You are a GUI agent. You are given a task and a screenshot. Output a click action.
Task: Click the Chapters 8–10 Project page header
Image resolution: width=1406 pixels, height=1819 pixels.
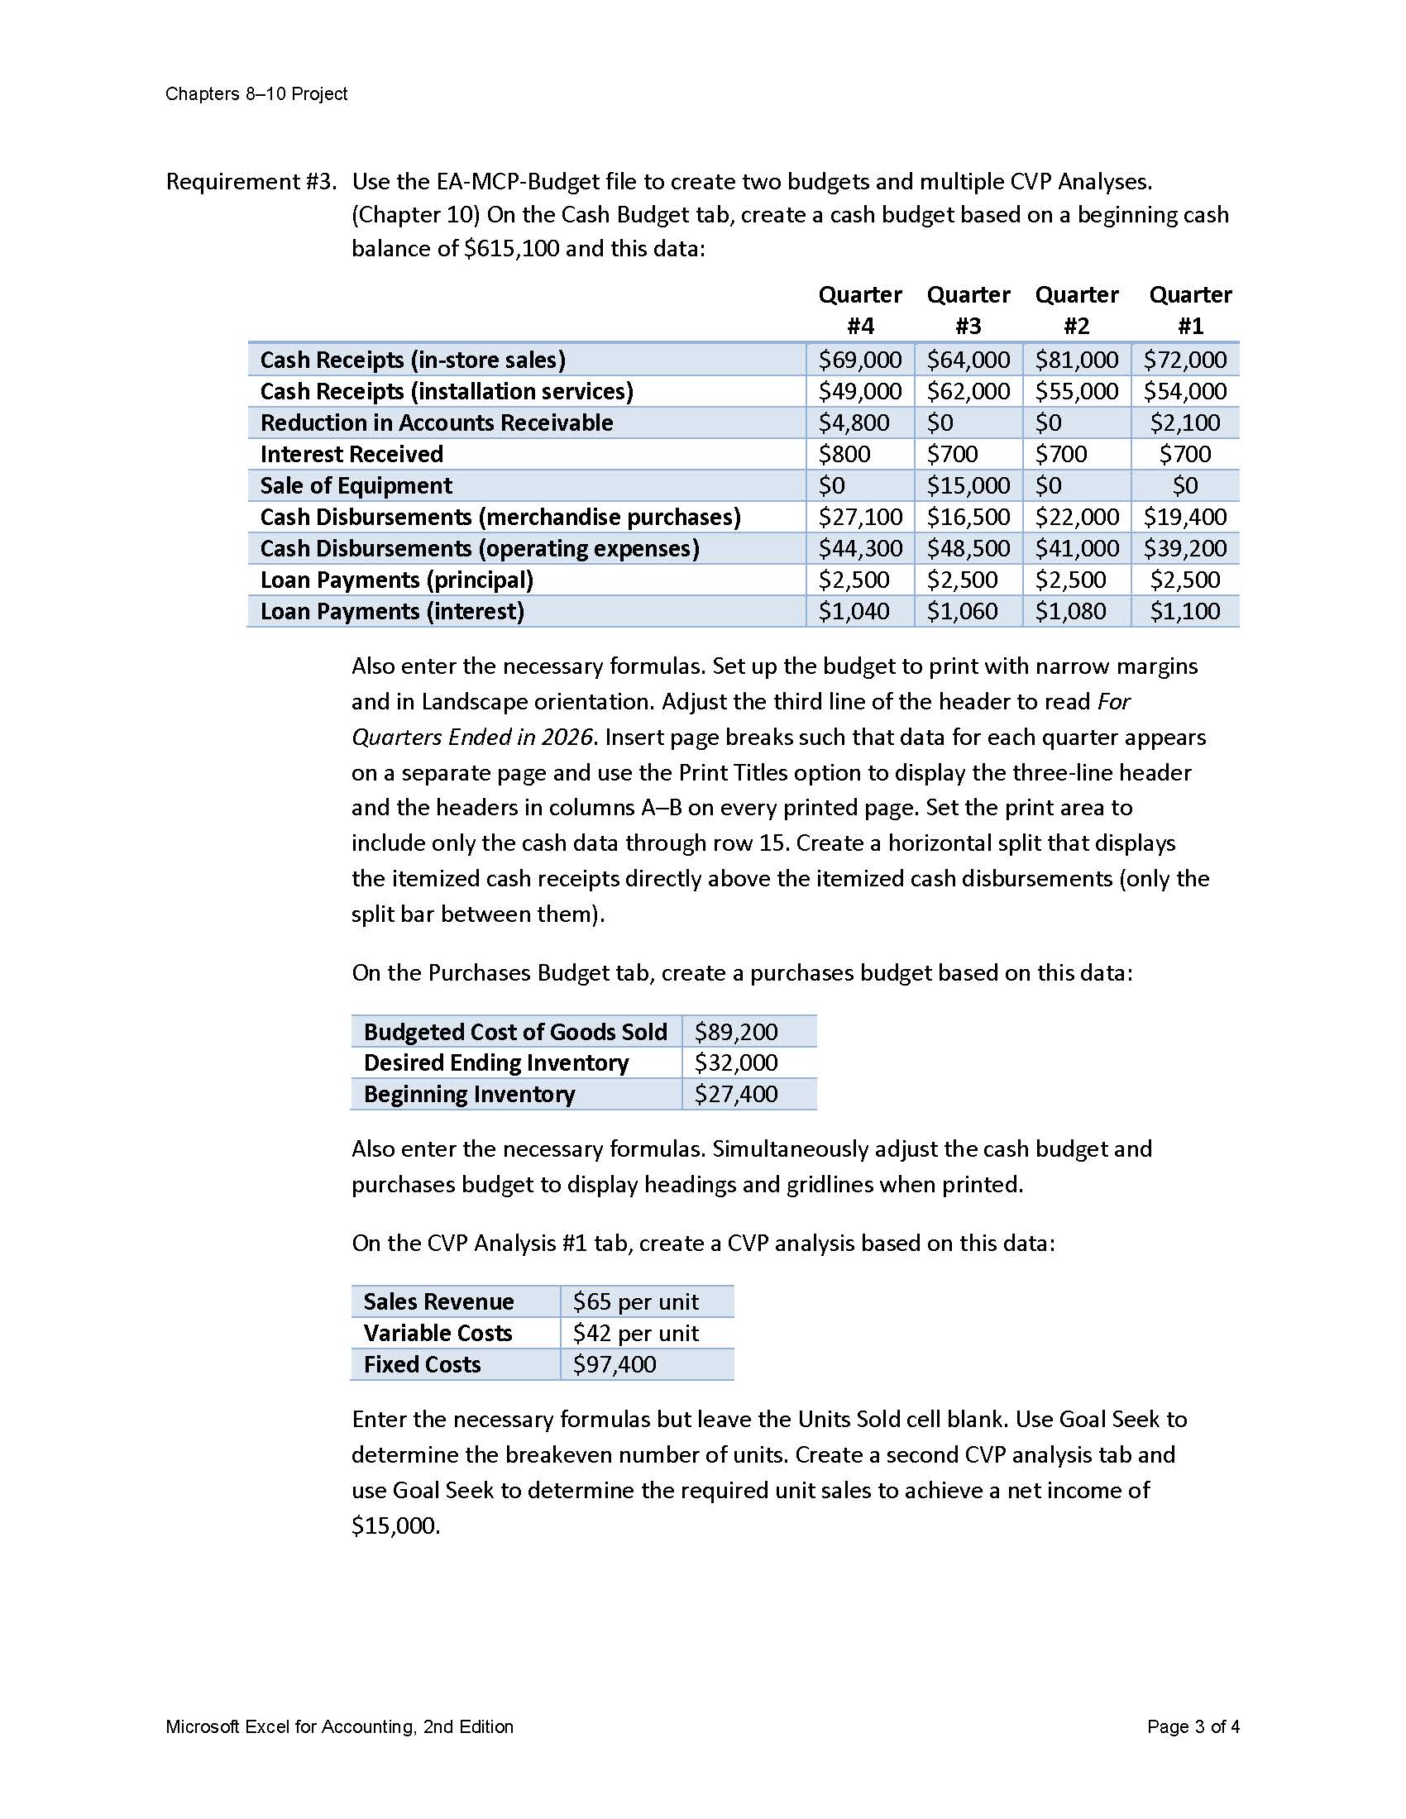point(256,94)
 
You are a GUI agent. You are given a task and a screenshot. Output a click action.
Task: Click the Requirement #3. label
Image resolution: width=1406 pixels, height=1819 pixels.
point(251,182)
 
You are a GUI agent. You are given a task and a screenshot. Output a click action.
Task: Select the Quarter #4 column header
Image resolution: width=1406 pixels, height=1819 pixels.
point(859,310)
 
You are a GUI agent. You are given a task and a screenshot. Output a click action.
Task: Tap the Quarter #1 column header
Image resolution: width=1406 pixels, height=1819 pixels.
point(1189,310)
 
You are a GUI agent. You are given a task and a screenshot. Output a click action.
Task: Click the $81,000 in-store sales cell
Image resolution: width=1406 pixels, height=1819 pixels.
point(1076,360)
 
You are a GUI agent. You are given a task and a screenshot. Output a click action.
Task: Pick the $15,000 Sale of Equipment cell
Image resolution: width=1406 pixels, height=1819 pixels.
point(968,485)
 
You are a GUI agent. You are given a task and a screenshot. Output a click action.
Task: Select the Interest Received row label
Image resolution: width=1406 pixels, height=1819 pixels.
point(351,455)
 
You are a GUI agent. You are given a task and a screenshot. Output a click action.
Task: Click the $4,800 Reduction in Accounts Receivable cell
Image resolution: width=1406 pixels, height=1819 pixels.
point(854,423)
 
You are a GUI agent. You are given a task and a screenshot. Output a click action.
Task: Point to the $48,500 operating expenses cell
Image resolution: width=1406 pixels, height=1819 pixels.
point(968,549)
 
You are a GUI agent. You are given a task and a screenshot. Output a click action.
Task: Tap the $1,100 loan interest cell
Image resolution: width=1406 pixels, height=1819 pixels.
point(1184,611)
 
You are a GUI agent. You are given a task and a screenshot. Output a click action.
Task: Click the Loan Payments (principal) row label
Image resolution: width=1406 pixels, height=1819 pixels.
point(396,580)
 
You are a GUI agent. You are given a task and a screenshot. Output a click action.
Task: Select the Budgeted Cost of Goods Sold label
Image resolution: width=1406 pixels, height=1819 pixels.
point(514,1032)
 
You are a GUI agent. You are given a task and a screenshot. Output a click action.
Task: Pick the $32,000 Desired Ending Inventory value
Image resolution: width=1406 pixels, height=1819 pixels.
point(735,1062)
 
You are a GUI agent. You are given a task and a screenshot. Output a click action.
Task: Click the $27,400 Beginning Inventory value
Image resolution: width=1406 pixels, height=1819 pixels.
point(735,1095)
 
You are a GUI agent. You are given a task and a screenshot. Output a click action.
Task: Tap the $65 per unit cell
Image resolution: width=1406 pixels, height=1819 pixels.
point(635,1301)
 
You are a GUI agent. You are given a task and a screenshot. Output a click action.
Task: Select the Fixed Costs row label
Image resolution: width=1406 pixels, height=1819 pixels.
point(422,1364)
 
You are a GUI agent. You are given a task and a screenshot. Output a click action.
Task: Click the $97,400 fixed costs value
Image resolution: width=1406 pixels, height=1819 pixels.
point(614,1364)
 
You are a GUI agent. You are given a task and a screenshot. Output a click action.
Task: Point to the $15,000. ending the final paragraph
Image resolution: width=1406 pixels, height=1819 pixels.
point(395,1525)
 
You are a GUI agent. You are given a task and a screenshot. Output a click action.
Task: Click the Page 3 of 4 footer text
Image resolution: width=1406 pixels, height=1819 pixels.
point(1192,1726)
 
